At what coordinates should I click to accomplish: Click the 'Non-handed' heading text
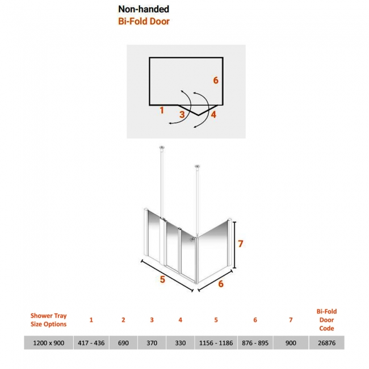144,9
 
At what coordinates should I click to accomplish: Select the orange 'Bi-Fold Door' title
144,22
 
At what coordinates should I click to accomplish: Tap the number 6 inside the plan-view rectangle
216,81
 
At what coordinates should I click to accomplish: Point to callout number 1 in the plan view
162,110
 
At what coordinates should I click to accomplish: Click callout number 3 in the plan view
182,115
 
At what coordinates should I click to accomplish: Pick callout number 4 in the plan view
213,115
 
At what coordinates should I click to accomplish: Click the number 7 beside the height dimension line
240,244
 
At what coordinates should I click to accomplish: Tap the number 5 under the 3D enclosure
162,279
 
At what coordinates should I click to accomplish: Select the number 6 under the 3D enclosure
221,284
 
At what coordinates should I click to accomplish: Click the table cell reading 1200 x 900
49,343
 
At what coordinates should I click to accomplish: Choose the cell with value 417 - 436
91,343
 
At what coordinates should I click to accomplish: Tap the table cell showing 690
123,343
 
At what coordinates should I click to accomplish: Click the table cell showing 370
152,343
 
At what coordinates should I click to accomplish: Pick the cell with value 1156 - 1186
216,343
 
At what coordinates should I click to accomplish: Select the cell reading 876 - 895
255,343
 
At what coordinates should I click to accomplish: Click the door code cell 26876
326,343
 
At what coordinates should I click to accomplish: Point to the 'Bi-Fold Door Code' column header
326,320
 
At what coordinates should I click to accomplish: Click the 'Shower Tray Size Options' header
49,320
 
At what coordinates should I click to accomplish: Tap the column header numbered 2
123,320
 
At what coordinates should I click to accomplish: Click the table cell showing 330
181,343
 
